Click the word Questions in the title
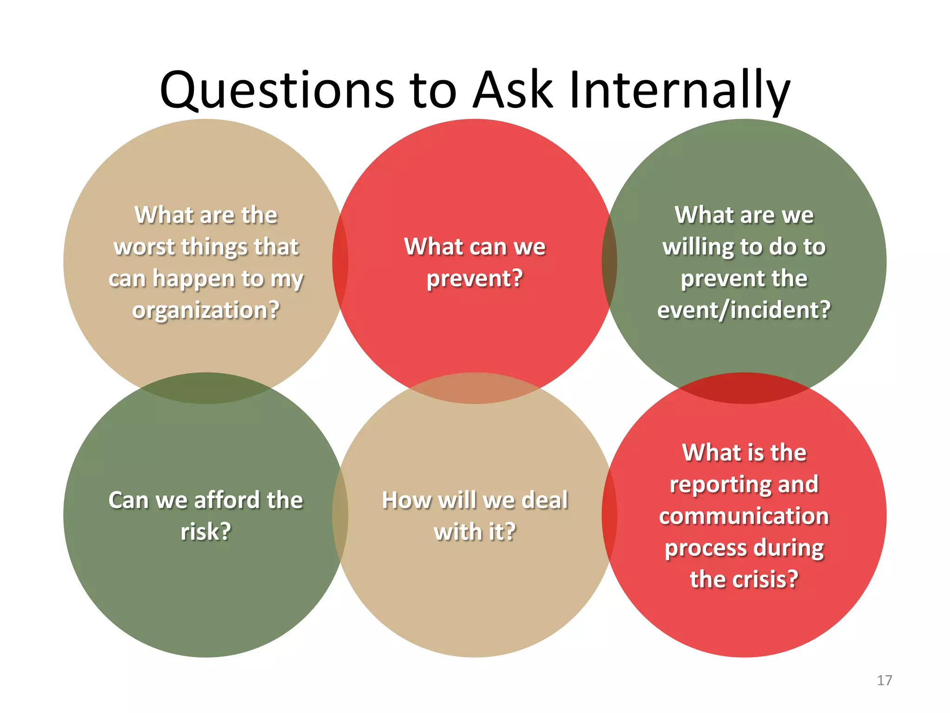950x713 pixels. click(x=276, y=91)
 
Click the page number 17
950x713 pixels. click(x=884, y=681)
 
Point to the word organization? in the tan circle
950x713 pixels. click(x=206, y=310)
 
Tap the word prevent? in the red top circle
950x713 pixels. click(x=475, y=279)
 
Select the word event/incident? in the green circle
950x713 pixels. click(x=744, y=310)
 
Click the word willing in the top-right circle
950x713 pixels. click(x=694, y=246)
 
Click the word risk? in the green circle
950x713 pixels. click(x=206, y=532)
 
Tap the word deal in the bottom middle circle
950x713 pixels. click(x=545, y=500)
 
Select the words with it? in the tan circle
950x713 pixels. click(x=475, y=532)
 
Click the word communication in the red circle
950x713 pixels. click(x=744, y=516)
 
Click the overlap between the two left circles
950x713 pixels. click(x=206, y=389)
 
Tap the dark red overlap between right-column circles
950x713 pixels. click(x=744, y=389)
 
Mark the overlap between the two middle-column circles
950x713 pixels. click(x=475, y=389)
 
